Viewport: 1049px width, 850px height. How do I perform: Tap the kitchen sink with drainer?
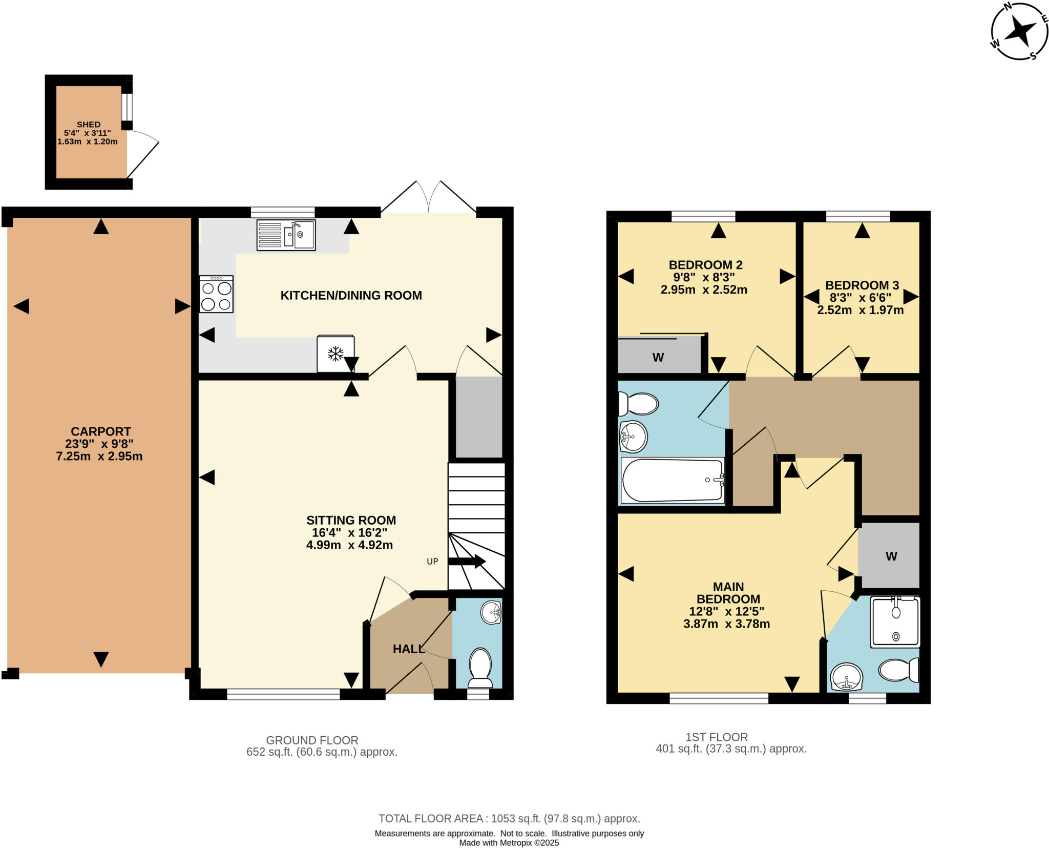[286, 235]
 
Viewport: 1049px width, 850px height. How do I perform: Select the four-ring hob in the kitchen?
[216, 294]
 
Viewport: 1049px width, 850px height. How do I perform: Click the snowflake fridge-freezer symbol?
[335, 353]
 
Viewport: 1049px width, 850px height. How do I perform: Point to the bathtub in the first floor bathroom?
[672, 480]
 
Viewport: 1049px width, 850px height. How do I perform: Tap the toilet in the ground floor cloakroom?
[480, 667]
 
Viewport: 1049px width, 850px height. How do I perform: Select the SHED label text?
[89, 125]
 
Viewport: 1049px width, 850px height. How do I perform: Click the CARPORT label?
[101, 431]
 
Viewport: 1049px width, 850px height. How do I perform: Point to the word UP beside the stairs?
[432, 562]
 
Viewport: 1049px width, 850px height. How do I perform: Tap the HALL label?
[409, 649]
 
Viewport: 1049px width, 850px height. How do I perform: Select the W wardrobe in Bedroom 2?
[659, 357]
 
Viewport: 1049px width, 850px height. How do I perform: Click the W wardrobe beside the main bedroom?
[891, 556]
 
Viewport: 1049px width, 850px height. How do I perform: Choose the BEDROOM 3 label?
[862, 285]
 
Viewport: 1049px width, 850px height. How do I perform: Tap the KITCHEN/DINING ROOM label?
[351, 296]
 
